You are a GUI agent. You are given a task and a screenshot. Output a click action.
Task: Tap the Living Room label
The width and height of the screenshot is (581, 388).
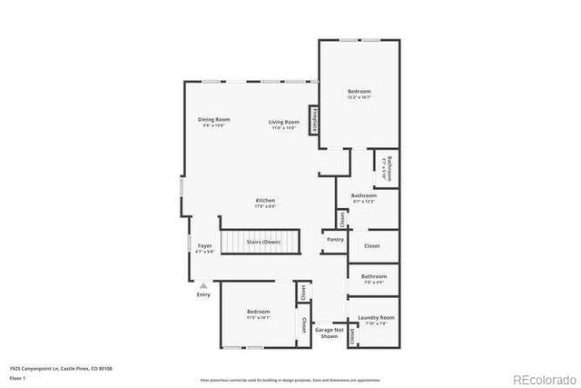click(283, 123)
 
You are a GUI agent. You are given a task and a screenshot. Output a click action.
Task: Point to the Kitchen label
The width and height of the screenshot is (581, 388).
click(265, 201)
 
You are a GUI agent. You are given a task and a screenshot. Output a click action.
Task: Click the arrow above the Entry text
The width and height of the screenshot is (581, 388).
click(203, 284)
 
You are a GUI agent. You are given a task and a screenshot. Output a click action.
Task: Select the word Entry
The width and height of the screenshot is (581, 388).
click(203, 294)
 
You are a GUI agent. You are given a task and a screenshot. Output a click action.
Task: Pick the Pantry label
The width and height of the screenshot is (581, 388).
click(334, 240)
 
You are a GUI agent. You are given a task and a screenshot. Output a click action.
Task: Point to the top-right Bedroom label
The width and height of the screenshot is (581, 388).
click(359, 92)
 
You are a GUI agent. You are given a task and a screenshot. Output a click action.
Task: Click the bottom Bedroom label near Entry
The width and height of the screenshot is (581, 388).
click(258, 313)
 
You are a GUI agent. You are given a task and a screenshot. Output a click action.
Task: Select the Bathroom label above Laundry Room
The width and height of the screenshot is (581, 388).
click(373, 277)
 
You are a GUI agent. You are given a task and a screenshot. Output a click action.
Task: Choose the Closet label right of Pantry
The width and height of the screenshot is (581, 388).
click(371, 245)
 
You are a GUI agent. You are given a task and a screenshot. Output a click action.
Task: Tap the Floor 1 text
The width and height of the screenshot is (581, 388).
click(18, 377)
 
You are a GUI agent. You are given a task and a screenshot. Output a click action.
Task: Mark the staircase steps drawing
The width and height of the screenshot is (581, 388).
click(261, 243)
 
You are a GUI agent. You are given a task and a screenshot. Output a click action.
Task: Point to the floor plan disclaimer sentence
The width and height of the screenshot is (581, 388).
click(290, 378)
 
